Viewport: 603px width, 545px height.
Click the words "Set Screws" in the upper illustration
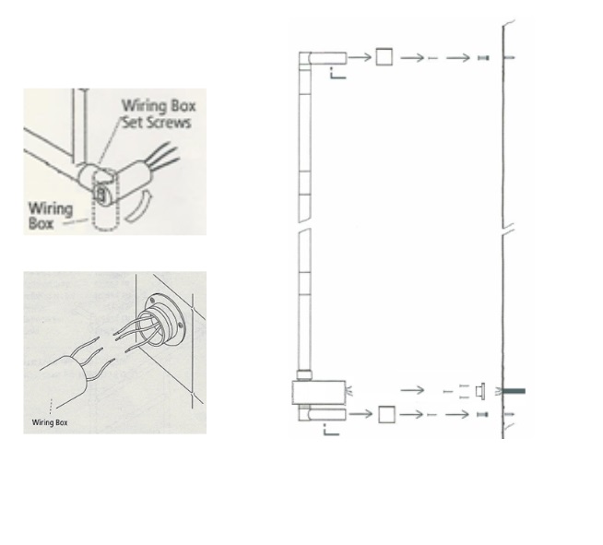coord(157,123)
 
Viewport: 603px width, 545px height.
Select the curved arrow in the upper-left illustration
coord(138,207)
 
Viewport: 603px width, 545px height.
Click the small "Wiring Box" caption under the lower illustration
coord(50,422)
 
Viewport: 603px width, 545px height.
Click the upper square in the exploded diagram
coord(384,57)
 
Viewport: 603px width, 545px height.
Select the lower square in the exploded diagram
coord(386,414)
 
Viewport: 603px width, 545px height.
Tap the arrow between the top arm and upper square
coord(360,58)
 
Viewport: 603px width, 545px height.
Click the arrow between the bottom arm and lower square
coord(361,414)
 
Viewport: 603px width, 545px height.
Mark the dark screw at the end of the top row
coord(483,58)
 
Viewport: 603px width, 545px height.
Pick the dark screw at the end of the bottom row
coord(482,414)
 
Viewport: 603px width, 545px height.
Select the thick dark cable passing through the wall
coord(513,391)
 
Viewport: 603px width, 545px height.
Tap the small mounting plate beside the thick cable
coord(480,391)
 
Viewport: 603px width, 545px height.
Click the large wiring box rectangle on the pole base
coord(319,392)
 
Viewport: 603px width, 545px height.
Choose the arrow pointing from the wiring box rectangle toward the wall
coord(412,390)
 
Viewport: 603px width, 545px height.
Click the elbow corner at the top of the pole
coord(305,58)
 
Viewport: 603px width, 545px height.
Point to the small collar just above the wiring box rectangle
coord(304,375)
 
